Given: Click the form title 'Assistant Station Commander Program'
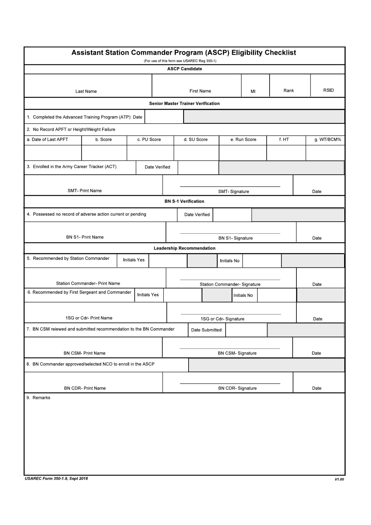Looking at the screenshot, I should [x=184, y=53].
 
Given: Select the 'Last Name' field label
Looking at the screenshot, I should [x=86, y=91].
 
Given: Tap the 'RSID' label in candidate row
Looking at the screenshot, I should [x=328, y=90].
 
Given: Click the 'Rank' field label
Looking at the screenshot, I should [x=289, y=91].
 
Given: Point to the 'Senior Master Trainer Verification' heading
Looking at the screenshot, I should [x=184, y=104].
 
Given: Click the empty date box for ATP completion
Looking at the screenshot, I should [x=164, y=117].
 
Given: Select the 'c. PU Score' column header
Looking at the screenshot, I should [x=149, y=140].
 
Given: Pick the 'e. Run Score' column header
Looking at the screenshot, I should [x=243, y=140].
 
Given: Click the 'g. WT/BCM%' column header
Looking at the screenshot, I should [x=328, y=140].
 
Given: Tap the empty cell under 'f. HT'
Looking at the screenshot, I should [x=286, y=153].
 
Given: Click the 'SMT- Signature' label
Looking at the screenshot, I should [x=234, y=192].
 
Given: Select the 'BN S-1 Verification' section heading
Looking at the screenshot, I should [x=184, y=201].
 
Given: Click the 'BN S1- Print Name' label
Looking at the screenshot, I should [x=85, y=237].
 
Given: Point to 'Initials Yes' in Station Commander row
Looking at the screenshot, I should [x=134, y=260].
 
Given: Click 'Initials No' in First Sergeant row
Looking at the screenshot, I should [x=243, y=296].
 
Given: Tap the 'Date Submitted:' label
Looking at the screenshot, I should [x=207, y=330].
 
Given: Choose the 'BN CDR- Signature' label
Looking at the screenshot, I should [x=237, y=388].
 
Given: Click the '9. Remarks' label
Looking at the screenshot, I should [x=39, y=398].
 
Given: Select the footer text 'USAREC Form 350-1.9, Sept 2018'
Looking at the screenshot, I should [x=56, y=478].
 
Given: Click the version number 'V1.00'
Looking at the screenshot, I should [x=339, y=479].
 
